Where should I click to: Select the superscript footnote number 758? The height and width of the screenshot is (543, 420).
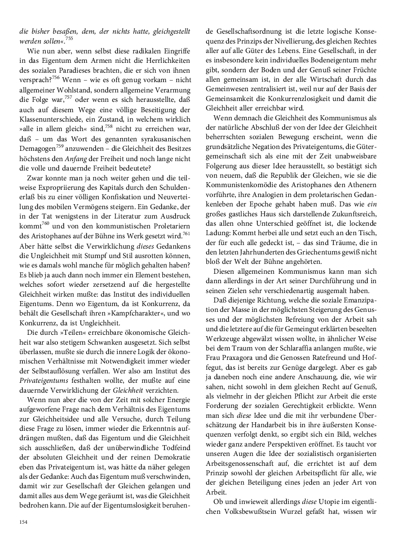point(109,127)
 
